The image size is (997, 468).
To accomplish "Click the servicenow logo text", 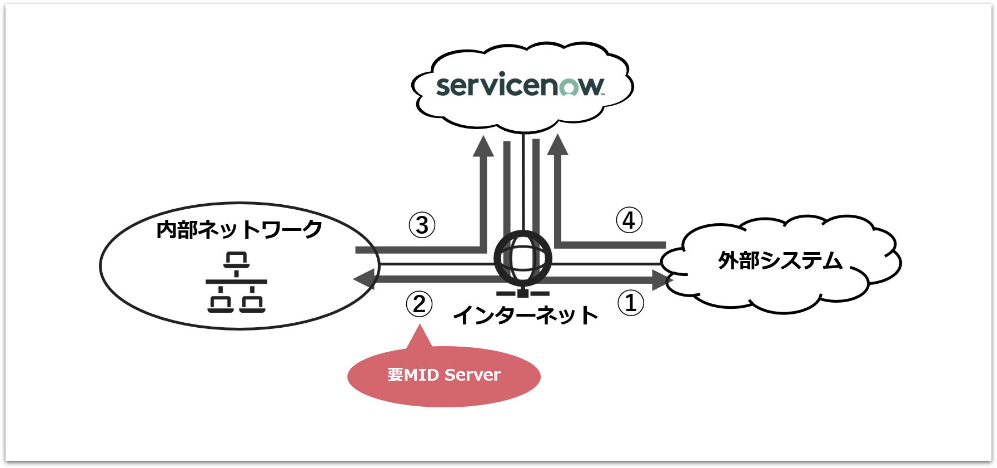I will point(520,86).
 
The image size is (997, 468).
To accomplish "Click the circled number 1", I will point(631,303).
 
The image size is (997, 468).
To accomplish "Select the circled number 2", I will point(419,304).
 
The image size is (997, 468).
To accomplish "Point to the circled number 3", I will point(422,225).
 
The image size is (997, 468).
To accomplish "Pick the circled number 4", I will point(629,220).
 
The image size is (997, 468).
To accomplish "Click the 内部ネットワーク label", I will point(239,229).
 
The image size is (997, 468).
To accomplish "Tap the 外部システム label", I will point(780,260).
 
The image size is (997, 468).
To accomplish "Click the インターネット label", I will point(525,316).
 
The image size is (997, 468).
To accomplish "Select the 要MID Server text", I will point(444,375).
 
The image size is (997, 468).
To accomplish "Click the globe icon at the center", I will point(523,259).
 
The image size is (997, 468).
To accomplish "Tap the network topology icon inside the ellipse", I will point(236,282).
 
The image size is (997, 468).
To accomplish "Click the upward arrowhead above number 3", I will point(483,146).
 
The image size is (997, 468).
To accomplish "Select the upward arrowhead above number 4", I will point(557,145).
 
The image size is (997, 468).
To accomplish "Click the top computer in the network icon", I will point(236,259).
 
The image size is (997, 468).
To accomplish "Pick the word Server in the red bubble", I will point(472,375).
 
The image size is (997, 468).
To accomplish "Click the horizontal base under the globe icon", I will point(523,293).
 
